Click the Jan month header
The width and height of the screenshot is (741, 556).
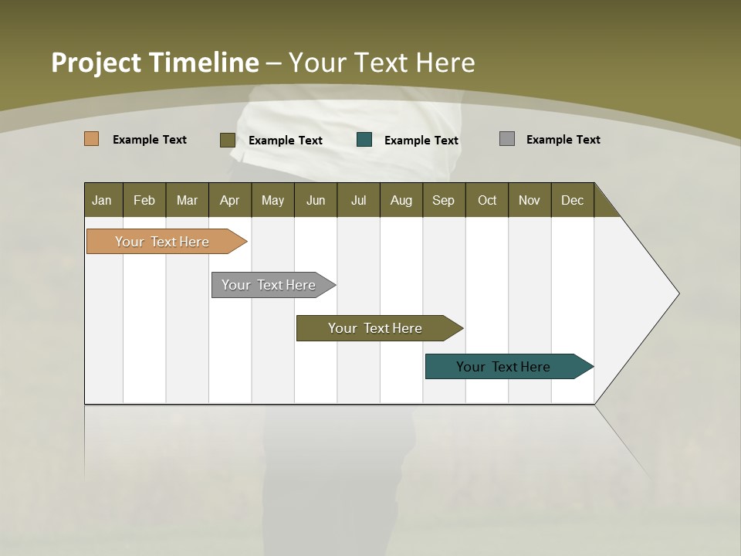point(103,200)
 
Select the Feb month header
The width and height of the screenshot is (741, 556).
point(144,200)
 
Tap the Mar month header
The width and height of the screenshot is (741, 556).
point(187,200)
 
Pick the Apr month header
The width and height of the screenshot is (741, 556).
point(230,200)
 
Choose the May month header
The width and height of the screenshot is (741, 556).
point(272,200)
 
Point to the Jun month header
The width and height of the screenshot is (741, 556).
point(316,200)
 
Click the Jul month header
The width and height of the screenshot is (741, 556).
point(358,200)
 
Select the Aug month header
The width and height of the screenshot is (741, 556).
point(401,200)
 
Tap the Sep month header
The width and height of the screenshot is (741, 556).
point(444,200)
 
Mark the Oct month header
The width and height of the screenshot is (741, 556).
point(487,200)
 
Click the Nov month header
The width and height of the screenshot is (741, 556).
point(530,200)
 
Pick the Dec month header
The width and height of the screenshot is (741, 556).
point(573,200)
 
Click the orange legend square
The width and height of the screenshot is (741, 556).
point(92,139)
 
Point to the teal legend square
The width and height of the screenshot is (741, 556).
point(364,140)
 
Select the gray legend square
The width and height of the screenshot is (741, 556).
point(507,139)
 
